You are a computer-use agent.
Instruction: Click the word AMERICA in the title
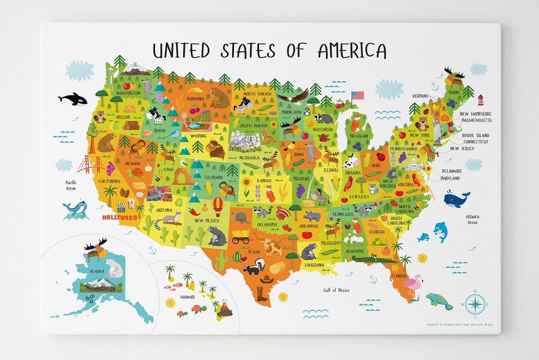[x=352, y=50]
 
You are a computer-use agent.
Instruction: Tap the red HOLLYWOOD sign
[x=119, y=218]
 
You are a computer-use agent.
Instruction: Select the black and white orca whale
[x=73, y=99]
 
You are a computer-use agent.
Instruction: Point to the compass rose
[x=475, y=304]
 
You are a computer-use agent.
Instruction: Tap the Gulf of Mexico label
[x=336, y=290]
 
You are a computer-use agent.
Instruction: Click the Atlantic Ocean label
[x=473, y=219]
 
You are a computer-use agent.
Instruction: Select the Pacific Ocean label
[x=70, y=185]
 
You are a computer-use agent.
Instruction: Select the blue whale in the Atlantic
[x=456, y=199]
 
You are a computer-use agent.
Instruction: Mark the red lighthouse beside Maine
[x=481, y=100]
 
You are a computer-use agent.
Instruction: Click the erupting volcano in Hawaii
[x=225, y=309]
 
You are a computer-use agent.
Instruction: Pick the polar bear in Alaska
[x=114, y=268]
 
